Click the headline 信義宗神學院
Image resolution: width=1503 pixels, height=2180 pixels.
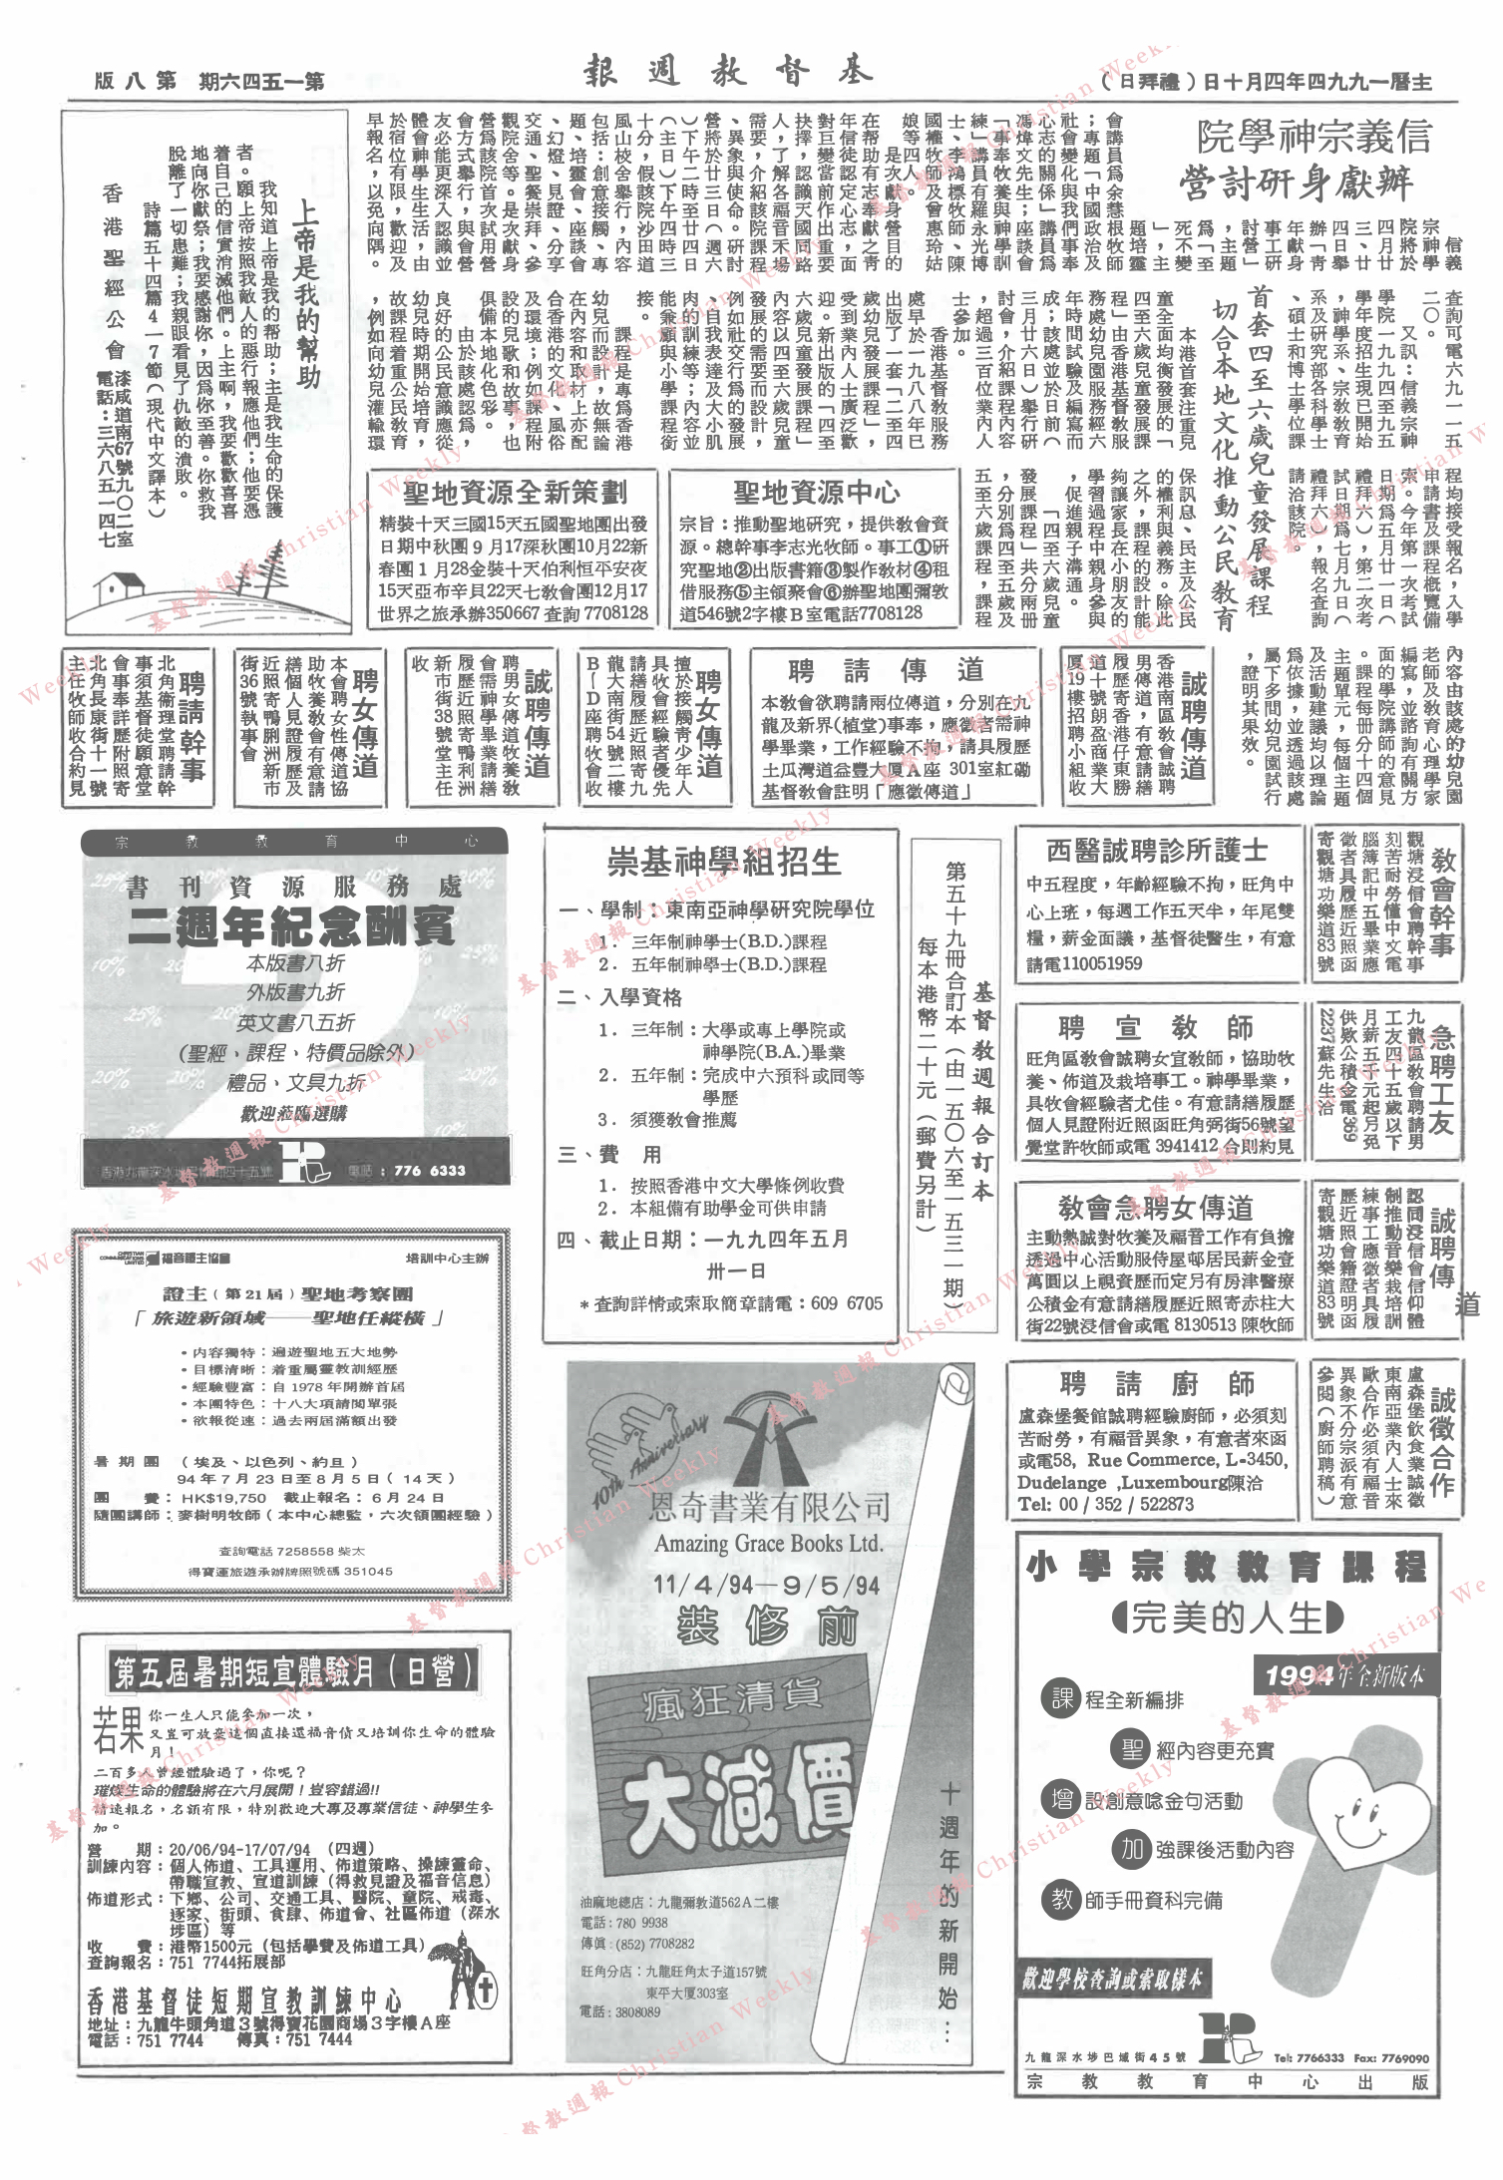tap(1314, 136)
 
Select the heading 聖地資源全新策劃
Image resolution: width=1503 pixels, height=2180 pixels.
tap(515, 492)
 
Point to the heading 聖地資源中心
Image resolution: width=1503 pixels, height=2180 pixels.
tap(816, 492)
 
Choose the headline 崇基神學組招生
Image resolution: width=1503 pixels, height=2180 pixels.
tap(723, 862)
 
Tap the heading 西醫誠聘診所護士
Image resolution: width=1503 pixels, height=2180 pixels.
tap(1156, 850)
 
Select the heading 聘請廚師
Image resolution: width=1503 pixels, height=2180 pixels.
tap(1157, 1384)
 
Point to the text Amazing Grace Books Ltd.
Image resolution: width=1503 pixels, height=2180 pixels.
tap(768, 1544)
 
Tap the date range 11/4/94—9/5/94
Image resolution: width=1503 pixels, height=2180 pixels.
tap(766, 1585)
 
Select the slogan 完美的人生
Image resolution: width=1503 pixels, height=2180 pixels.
tap(1226, 1618)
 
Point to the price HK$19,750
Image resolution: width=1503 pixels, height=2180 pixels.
tap(223, 1497)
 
